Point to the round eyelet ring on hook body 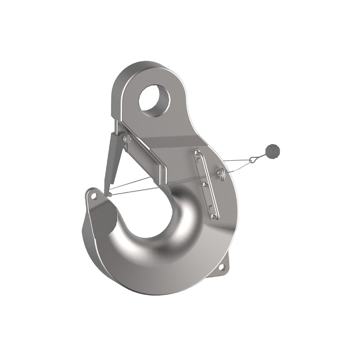click(x=221, y=174)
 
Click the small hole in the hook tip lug click(x=94, y=196)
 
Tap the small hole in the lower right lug click(x=221, y=267)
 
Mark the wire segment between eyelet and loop click(x=238, y=166)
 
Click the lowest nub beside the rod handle click(x=209, y=207)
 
